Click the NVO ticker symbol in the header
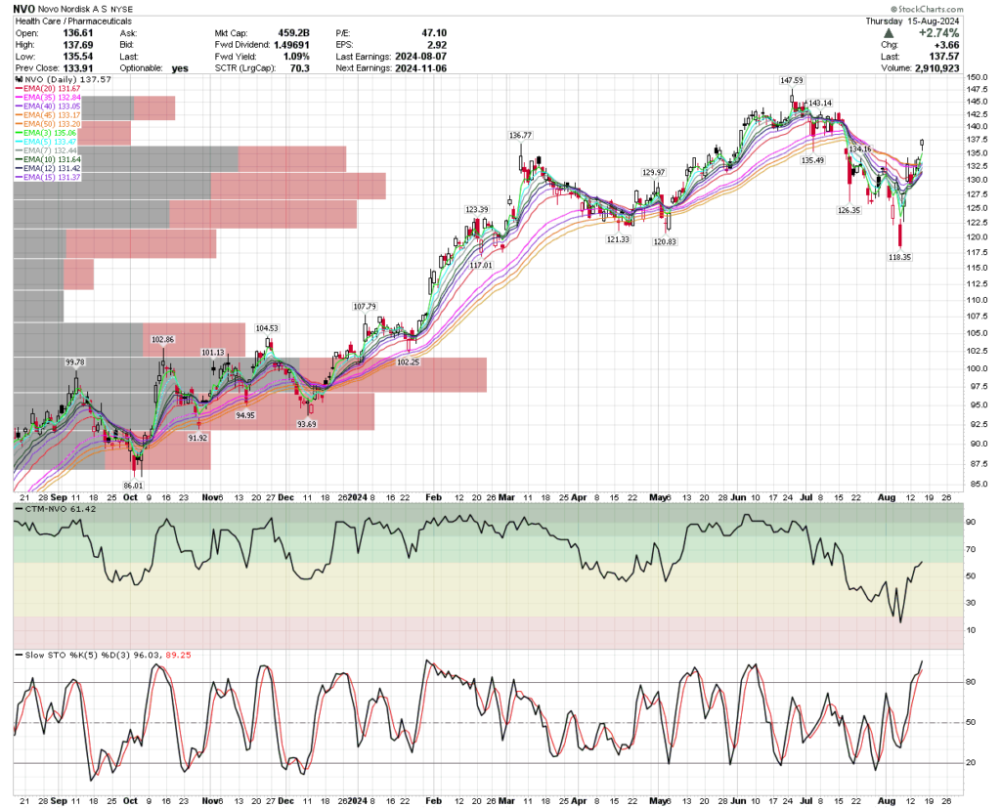[x=27, y=8]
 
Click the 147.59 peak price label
[x=792, y=80]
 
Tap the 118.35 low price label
[x=898, y=257]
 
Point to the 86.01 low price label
[x=132, y=485]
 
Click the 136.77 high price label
[x=520, y=135]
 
